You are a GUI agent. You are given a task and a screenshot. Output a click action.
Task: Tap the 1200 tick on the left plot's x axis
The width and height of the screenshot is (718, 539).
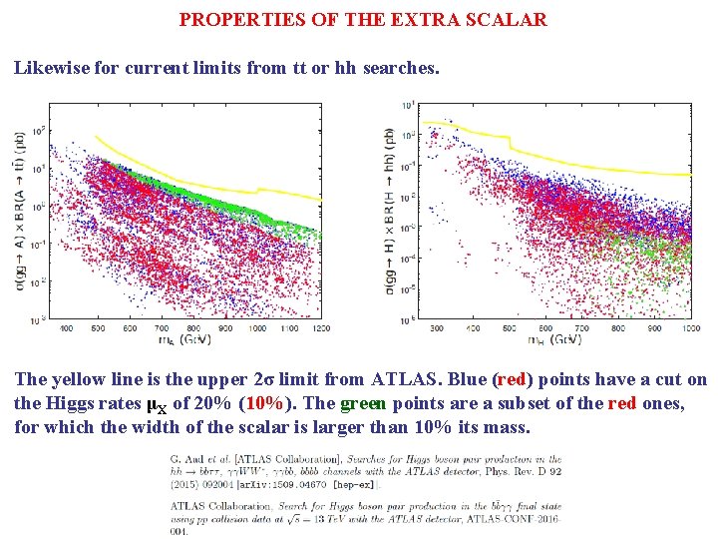[x=319, y=327]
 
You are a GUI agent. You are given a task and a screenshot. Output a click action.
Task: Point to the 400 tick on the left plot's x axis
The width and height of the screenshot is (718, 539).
[x=67, y=327]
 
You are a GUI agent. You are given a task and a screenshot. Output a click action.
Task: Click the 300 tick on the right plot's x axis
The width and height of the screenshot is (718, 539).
[x=437, y=328]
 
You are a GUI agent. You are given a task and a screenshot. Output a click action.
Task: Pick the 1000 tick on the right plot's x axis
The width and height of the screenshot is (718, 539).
[x=689, y=328]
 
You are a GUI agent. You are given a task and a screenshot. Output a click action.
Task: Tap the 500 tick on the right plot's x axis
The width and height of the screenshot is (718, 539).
[x=509, y=328]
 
